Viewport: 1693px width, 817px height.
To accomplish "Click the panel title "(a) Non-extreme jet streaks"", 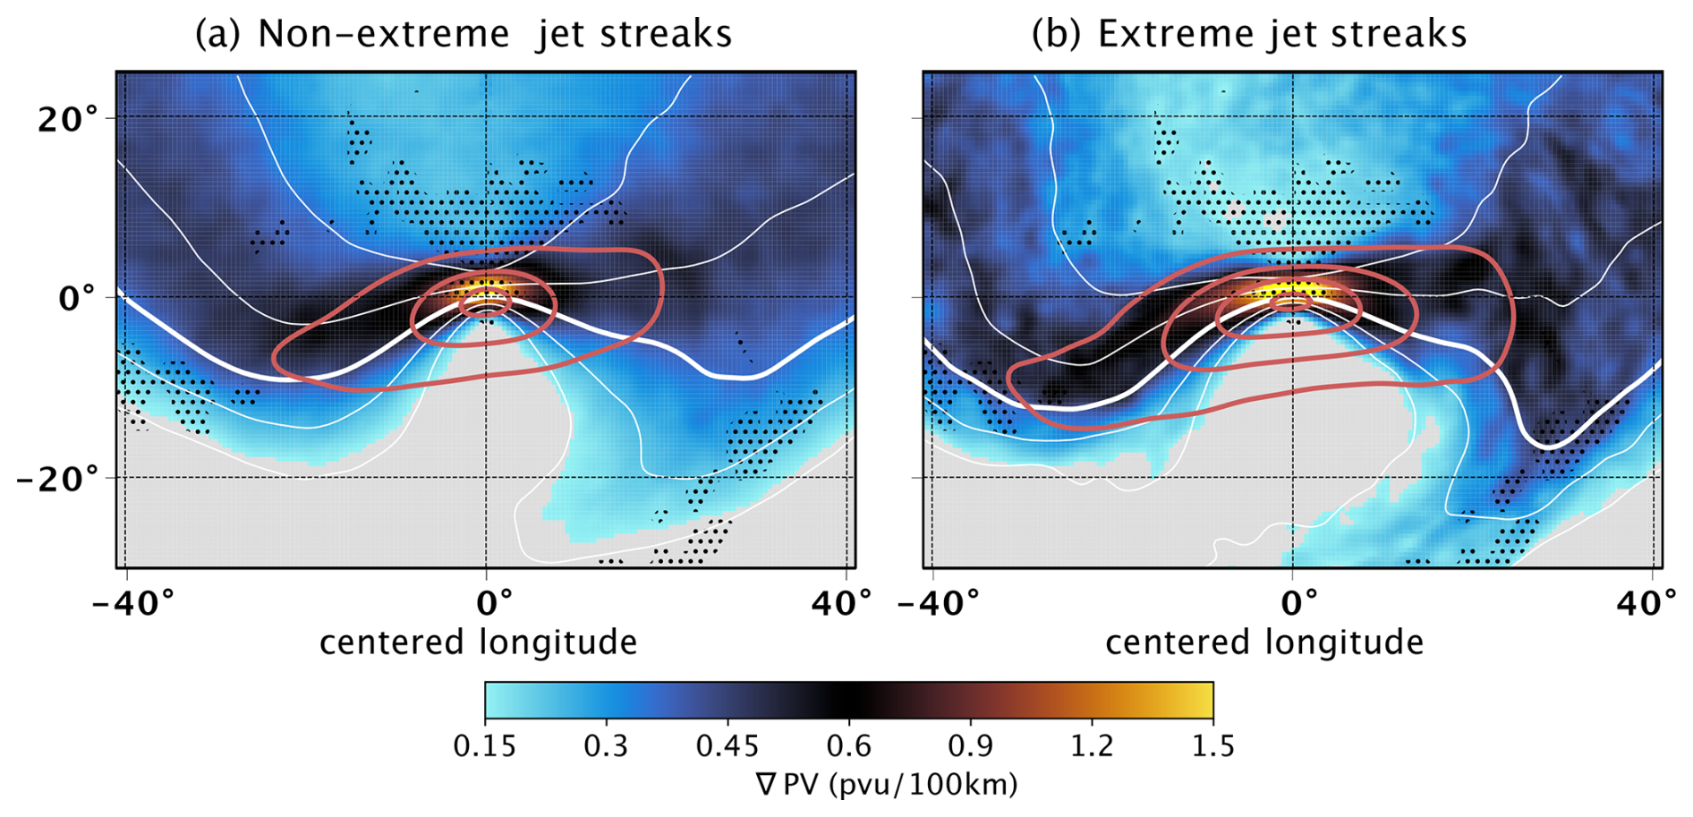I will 464,34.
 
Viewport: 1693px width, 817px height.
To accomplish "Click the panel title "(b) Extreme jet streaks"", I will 1249,34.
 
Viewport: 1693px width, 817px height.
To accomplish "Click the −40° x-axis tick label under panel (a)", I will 132,603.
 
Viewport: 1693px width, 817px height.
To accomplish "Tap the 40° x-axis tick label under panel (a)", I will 841,603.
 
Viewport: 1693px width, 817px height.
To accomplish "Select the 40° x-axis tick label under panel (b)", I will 1647,603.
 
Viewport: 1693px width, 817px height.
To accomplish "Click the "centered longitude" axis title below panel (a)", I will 478,643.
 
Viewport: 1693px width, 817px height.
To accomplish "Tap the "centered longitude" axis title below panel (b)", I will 1263,643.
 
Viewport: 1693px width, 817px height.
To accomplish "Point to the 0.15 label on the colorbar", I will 484,745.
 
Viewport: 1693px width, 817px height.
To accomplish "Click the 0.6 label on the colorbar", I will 848,745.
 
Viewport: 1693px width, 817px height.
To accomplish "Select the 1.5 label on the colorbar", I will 1212,745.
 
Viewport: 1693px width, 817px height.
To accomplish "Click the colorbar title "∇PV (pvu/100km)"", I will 887,785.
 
